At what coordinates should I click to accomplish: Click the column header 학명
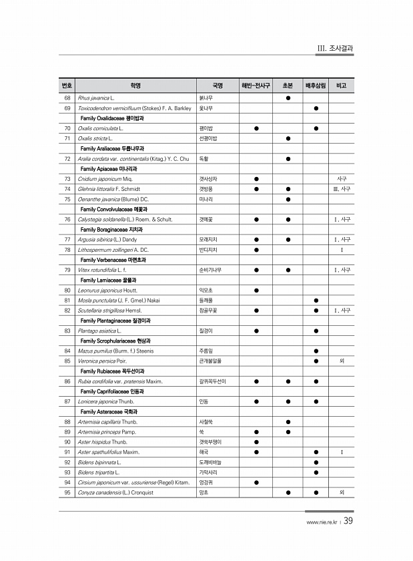pyautogui.click(x=136, y=85)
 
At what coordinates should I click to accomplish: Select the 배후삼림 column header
pyautogui.click(x=316, y=85)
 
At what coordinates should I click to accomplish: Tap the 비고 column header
pyautogui.click(x=342, y=85)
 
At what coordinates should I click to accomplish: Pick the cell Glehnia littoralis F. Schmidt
pyautogui.click(x=109, y=189)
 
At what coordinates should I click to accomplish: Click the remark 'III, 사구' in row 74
pyautogui.click(x=342, y=189)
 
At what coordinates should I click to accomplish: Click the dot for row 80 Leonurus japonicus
pyautogui.click(x=256, y=290)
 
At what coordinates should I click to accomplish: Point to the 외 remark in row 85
pyautogui.click(x=342, y=361)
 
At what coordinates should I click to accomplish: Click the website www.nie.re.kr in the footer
pyautogui.click(x=319, y=523)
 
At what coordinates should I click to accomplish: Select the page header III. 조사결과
pyautogui.click(x=334, y=48)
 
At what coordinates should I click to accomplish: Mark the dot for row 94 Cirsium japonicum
pyautogui.click(x=256, y=482)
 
